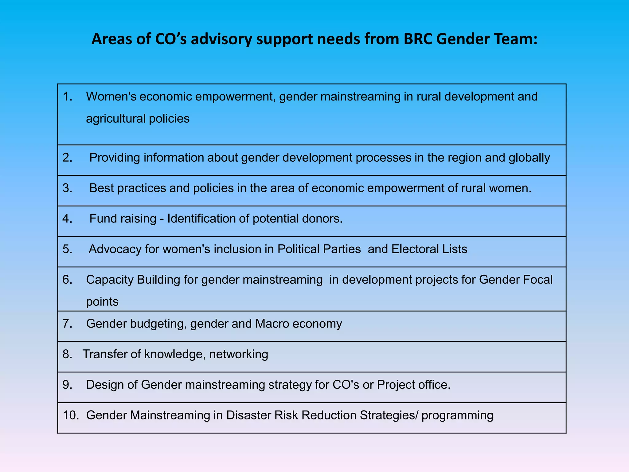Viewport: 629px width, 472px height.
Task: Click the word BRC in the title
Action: click(x=418, y=39)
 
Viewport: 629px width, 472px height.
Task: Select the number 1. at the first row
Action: click(x=68, y=97)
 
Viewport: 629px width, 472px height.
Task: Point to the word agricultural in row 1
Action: click(x=115, y=119)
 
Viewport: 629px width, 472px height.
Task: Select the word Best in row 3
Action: click(x=101, y=188)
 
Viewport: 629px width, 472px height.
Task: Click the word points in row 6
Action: click(x=102, y=302)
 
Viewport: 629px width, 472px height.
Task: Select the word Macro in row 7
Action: click(x=272, y=324)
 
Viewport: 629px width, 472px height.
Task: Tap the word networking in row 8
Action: click(x=239, y=354)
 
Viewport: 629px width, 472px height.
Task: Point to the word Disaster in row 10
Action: click(x=248, y=415)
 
